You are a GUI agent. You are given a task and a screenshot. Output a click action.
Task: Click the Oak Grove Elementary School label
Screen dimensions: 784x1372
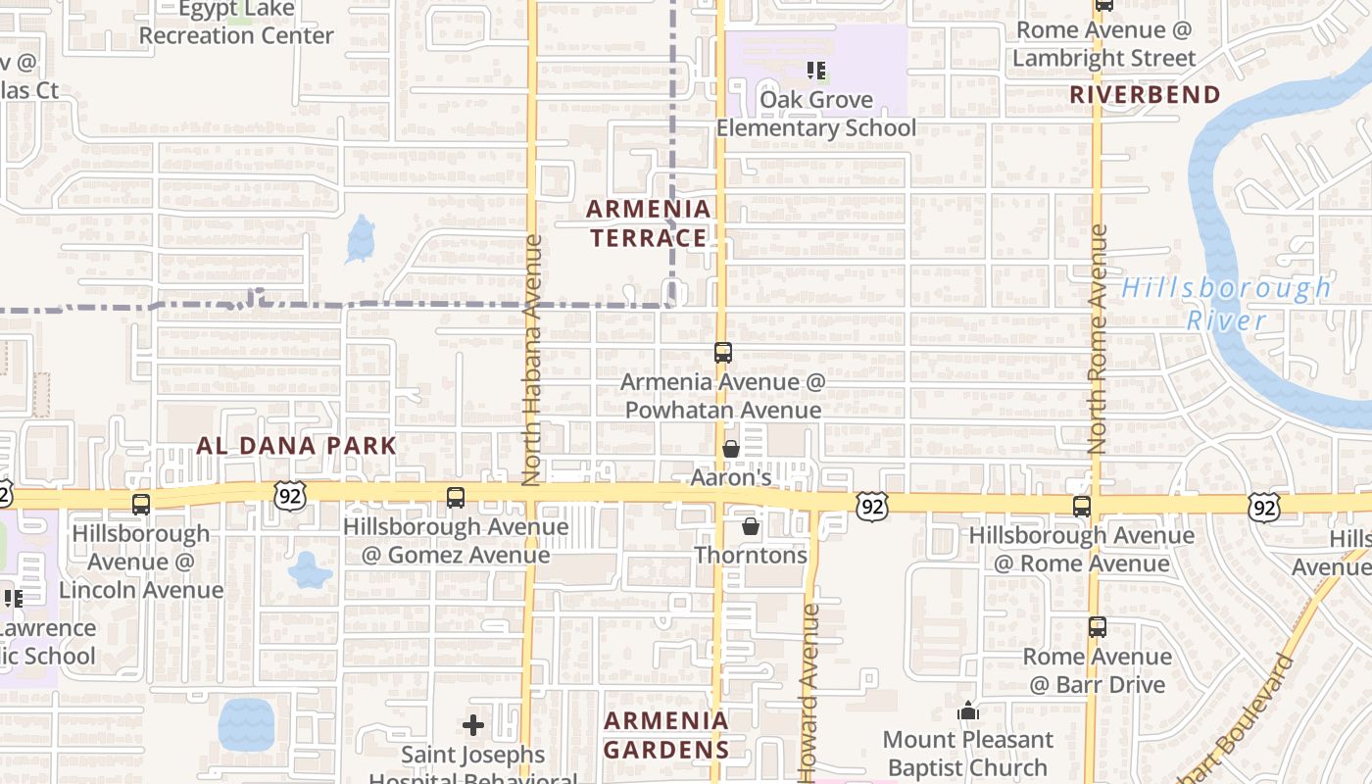816,114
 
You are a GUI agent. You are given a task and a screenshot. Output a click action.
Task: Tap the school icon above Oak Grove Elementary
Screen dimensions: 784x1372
816,71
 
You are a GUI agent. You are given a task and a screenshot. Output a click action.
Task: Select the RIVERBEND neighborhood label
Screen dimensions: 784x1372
1145,95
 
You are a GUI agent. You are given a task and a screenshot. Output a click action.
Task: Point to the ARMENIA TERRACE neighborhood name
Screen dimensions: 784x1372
649,223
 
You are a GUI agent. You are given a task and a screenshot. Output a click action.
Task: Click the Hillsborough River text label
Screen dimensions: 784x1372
1226,304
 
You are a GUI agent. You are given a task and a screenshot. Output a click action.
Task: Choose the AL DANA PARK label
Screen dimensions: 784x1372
296,446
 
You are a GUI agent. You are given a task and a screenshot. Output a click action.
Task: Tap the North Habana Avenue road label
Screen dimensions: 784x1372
532,361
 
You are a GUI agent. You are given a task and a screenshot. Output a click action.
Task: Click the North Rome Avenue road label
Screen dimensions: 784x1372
1098,339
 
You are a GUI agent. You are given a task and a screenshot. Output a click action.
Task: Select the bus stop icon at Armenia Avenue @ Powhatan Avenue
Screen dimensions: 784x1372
723,353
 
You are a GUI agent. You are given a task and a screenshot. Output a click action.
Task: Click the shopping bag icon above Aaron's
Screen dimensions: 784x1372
731,449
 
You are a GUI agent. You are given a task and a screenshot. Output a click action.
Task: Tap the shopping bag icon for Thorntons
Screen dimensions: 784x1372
751,526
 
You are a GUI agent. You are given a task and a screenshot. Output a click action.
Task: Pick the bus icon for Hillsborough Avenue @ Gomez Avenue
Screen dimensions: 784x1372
456,497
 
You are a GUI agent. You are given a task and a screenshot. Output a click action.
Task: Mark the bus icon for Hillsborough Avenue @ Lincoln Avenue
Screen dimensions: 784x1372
141,505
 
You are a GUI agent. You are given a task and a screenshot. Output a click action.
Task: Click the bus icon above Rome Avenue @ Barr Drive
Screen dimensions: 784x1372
1098,627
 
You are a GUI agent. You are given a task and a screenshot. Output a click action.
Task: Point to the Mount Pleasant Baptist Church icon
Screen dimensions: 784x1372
968,710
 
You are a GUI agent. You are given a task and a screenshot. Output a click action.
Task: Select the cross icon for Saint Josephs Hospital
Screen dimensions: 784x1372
473,725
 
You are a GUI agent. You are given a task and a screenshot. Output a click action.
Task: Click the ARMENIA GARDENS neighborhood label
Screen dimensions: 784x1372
666,735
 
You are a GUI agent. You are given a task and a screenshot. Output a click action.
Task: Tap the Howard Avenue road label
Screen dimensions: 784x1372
809,692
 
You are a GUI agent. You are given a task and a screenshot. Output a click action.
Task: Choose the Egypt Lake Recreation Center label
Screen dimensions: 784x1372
235,23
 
